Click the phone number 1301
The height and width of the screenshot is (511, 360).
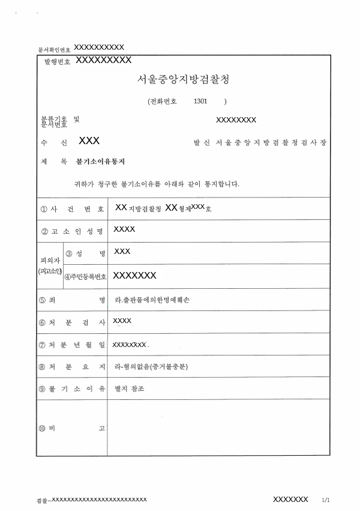coord(201,101)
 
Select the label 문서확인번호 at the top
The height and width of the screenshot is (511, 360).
coord(54,49)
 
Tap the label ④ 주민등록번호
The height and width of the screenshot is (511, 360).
coord(86,276)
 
